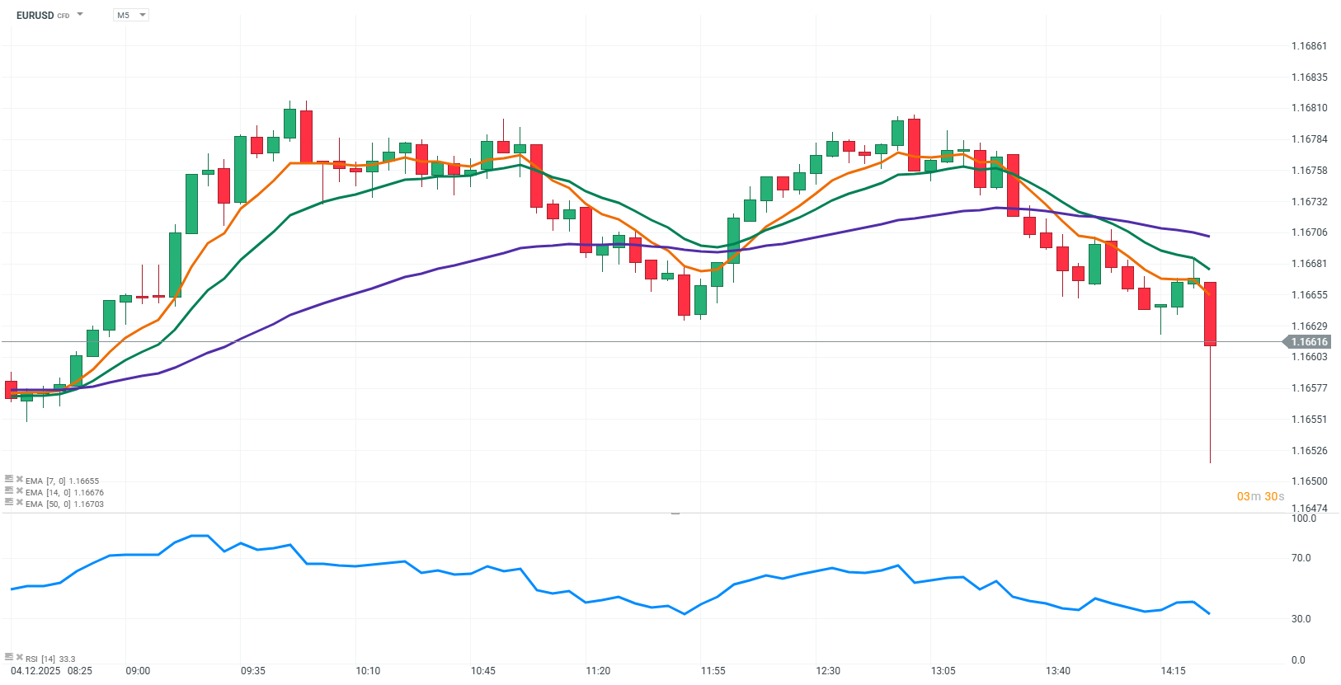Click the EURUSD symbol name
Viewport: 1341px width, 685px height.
(35, 15)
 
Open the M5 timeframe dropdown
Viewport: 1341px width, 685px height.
(130, 15)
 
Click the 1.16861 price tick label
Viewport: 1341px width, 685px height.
(1309, 46)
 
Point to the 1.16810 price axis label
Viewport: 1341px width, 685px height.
(1309, 108)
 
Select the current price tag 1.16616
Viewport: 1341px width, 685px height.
(1309, 342)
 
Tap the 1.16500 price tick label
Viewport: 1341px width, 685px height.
(1309, 481)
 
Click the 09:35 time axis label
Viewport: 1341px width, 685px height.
(253, 671)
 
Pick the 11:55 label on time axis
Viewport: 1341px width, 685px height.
(713, 671)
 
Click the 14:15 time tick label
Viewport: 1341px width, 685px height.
(1173, 671)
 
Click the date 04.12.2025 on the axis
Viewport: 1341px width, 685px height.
(35, 671)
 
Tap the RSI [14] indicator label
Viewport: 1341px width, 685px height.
(49, 659)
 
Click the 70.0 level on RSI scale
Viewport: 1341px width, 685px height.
(1301, 558)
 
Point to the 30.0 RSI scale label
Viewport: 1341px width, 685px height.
(1301, 619)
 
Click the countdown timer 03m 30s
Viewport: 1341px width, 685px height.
(1260, 496)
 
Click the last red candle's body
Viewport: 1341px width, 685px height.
(1210, 313)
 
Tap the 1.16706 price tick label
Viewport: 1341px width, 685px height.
(1309, 232)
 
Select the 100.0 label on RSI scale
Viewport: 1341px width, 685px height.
(1303, 518)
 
